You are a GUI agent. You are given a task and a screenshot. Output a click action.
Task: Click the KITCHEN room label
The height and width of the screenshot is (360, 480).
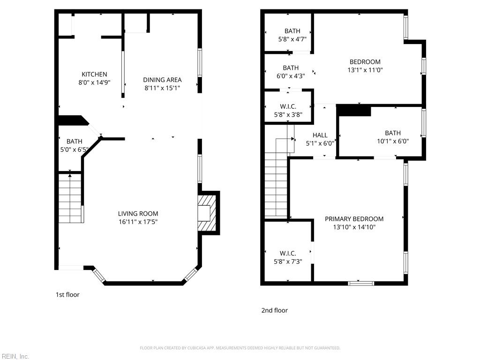[94, 74]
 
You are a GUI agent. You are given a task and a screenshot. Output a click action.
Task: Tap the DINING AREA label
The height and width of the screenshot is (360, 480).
[162, 80]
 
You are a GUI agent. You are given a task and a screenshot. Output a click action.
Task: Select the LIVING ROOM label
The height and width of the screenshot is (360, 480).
[138, 214]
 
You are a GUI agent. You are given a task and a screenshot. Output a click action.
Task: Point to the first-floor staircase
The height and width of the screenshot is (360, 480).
[70, 198]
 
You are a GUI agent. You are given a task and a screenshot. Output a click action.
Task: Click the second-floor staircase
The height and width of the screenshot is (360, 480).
[276, 187]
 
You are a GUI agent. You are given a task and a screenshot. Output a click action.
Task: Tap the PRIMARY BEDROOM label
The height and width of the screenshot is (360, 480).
[354, 219]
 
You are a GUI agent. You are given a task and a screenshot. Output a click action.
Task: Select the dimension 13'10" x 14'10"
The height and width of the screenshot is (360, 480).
[354, 227]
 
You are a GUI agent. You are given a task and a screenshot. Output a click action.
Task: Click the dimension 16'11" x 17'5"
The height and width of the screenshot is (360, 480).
[138, 222]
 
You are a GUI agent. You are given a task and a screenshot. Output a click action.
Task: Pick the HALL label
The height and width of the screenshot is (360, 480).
[320, 135]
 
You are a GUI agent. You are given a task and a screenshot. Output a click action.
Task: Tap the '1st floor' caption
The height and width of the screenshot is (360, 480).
[67, 295]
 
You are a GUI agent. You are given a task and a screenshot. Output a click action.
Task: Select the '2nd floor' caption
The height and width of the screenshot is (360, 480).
[274, 310]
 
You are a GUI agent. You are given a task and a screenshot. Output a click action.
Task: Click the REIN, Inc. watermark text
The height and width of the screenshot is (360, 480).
[15, 357]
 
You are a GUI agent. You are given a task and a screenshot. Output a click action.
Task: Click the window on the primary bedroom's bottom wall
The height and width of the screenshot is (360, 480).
[360, 283]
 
